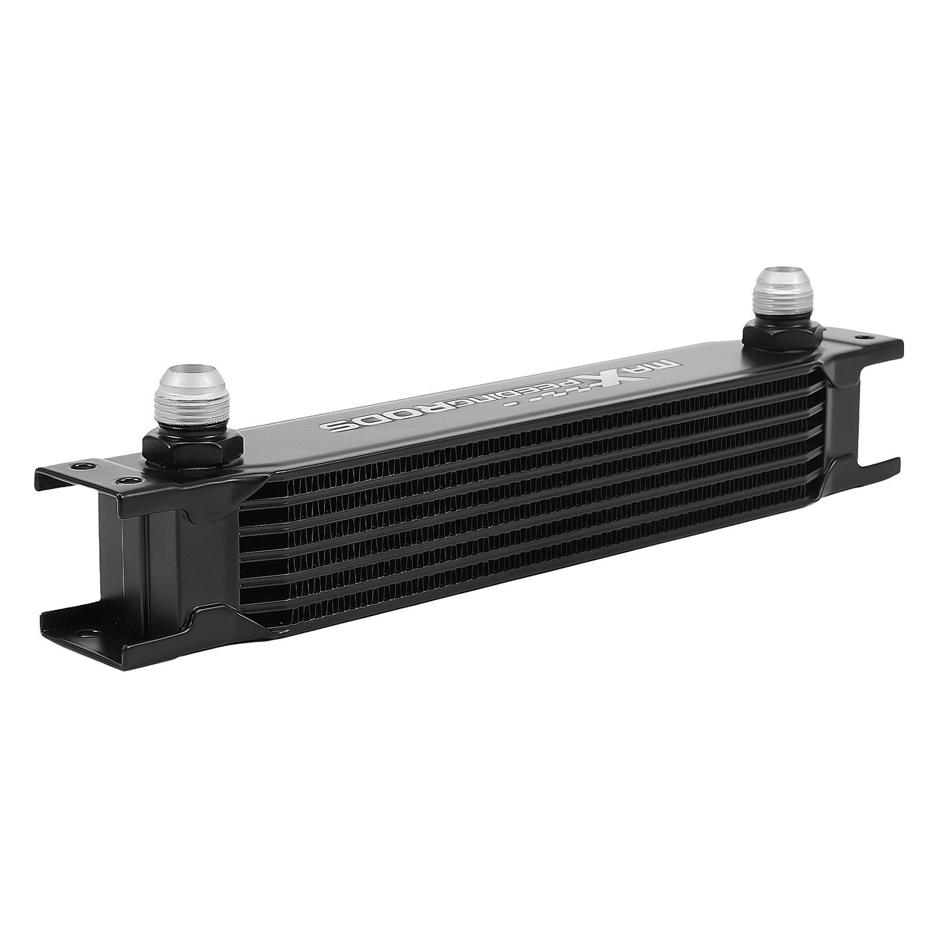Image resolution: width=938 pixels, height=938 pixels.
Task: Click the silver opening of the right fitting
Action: [x=783, y=277]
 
